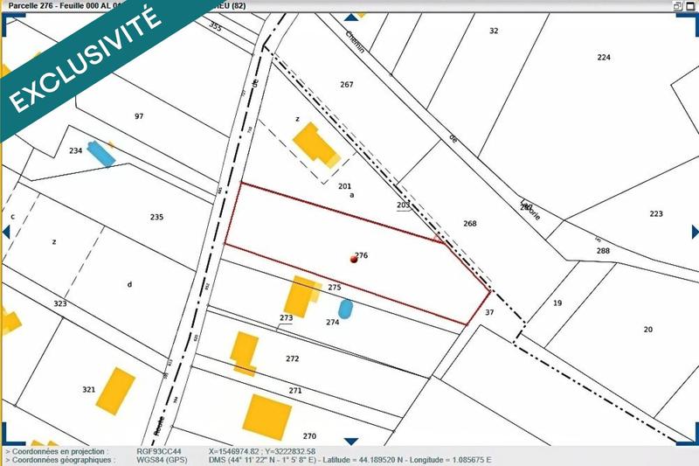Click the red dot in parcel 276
(x=353, y=260)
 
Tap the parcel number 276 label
(x=362, y=255)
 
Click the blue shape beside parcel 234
(x=101, y=154)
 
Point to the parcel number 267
(x=347, y=85)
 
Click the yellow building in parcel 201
(x=315, y=145)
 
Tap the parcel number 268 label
(x=470, y=224)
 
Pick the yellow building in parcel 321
(x=116, y=391)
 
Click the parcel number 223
(x=656, y=214)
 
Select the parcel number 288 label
(x=603, y=251)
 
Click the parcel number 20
(x=647, y=329)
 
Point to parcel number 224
(x=604, y=57)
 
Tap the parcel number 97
(x=138, y=116)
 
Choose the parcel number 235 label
(x=157, y=217)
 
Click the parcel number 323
(x=60, y=303)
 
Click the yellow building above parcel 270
(x=266, y=416)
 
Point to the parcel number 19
(x=557, y=303)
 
